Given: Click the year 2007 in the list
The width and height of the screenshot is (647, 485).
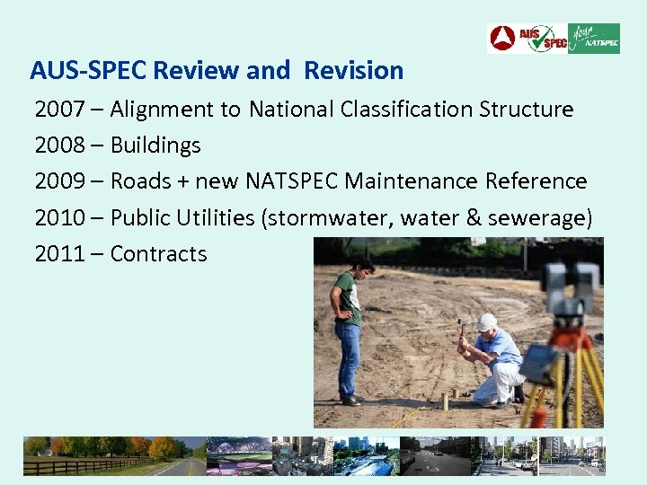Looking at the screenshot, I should [x=59, y=110].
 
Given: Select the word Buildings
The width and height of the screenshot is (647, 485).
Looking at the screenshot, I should [x=155, y=145].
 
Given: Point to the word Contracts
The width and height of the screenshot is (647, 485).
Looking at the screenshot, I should [x=158, y=253].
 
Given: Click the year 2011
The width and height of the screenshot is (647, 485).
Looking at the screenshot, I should [x=59, y=253].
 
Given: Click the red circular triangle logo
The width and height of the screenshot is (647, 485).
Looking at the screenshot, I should [x=502, y=39].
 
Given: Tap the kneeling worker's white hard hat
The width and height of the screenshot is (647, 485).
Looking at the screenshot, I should [x=487, y=322].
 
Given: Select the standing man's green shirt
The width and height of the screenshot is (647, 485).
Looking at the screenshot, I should [x=347, y=296].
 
